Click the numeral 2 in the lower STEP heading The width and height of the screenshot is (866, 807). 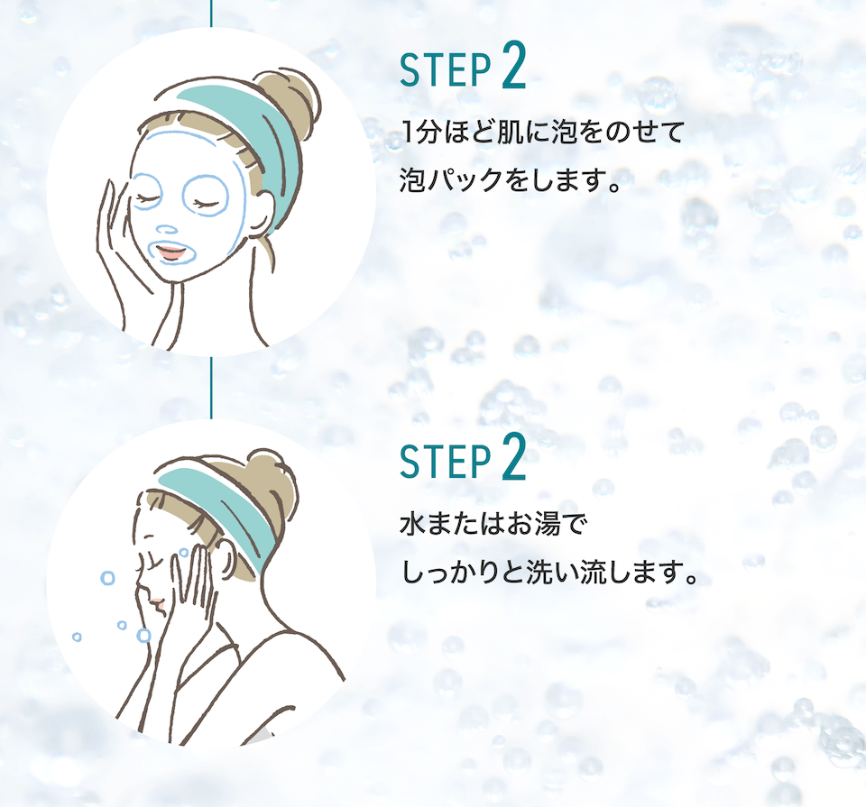(514, 456)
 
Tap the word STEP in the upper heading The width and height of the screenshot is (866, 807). (446, 70)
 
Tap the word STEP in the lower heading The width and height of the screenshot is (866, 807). (446, 461)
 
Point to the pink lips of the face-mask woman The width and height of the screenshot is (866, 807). (171, 252)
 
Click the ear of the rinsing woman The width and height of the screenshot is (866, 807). (226, 559)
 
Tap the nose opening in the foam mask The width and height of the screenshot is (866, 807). (166, 230)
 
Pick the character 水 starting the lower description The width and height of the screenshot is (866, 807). (412, 524)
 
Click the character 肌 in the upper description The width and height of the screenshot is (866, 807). (509, 133)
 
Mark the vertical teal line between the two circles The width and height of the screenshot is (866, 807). (211, 387)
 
